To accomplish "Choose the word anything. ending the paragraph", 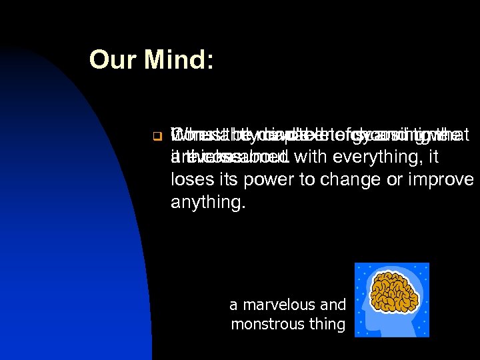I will click(208, 201).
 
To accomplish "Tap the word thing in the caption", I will click(327, 325).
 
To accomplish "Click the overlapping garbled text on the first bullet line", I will click(313, 135).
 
